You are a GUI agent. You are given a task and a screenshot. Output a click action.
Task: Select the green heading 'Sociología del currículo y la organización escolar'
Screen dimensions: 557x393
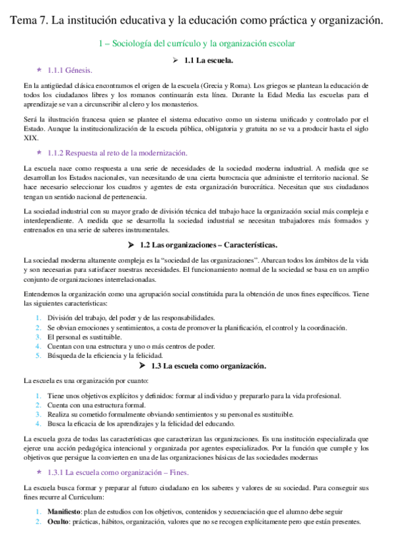pos(202,43)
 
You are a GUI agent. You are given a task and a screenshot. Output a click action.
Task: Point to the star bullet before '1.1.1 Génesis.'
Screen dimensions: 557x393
pos(40,69)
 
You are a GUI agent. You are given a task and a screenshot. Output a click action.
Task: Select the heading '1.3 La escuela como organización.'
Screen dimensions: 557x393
pos(208,365)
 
